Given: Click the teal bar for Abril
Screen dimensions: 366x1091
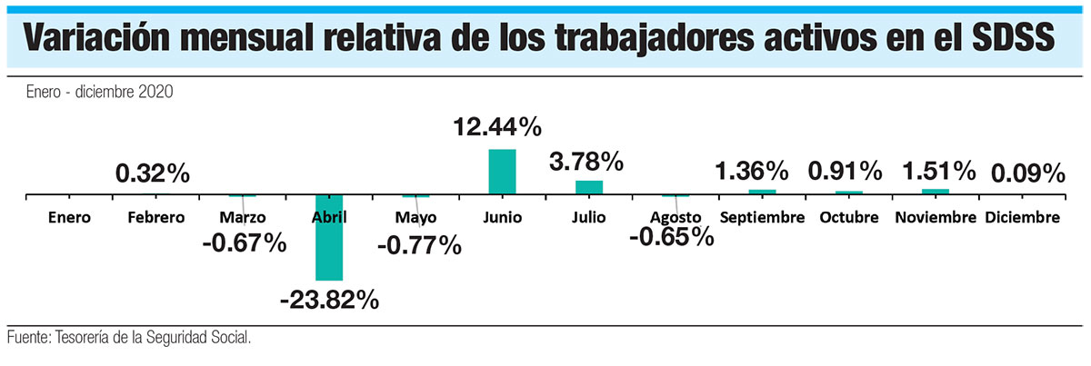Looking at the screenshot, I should tap(328, 237).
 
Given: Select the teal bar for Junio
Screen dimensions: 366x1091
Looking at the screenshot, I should tap(502, 172).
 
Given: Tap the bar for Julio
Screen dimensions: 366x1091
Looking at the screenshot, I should tap(589, 187).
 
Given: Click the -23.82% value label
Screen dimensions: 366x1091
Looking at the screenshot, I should tap(328, 300).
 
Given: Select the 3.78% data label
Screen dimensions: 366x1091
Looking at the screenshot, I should tap(586, 163).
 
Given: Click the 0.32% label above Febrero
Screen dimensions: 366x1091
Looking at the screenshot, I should tap(153, 173).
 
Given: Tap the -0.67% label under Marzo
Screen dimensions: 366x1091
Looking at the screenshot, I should tap(242, 242).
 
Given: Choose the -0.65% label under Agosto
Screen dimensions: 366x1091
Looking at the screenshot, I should tap(670, 236).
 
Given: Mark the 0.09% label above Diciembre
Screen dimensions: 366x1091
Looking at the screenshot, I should tap(1027, 173).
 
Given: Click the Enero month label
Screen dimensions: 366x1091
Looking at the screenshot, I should tap(70, 218).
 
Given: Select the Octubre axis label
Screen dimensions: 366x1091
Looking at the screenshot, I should tap(848, 218).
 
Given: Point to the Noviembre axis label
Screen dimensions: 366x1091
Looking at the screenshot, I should tap(936, 218).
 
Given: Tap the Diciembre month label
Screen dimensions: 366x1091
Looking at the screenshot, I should tap(1023, 218).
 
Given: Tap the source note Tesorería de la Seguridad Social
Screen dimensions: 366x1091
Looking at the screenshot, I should tap(128, 338).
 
